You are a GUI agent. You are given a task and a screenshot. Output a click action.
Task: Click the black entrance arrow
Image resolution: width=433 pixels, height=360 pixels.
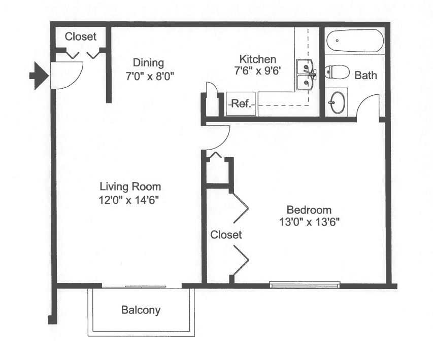click(39, 76)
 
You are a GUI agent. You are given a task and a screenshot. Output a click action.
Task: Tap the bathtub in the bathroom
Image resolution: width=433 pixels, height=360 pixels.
click(355, 41)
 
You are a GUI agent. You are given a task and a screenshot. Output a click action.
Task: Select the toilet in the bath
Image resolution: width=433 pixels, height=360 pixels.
click(337, 72)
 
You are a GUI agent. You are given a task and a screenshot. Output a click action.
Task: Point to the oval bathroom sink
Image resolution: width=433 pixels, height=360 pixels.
click(338, 102)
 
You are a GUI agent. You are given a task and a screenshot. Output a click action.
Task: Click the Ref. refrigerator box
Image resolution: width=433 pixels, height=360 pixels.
click(241, 103)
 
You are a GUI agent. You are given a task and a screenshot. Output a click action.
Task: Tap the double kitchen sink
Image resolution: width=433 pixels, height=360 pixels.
click(306, 75)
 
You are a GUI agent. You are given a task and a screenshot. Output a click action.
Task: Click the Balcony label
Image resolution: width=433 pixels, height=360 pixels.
click(141, 310)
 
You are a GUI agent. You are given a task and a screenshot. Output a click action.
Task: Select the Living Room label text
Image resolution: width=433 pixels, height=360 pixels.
click(130, 187)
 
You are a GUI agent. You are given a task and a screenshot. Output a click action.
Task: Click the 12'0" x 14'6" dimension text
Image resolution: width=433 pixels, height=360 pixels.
click(129, 200)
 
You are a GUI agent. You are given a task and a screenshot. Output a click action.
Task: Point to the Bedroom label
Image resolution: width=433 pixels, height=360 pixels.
click(309, 210)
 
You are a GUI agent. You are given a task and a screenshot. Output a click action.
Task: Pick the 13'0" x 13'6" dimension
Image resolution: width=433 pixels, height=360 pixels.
click(309, 222)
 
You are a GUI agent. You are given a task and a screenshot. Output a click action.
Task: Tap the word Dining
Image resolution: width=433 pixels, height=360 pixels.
click(148, 63)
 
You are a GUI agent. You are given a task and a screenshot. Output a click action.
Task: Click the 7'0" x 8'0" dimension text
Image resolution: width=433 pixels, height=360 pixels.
click(150, 76)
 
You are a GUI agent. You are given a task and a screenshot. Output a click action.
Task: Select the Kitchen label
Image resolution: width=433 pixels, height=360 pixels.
click(258, 59)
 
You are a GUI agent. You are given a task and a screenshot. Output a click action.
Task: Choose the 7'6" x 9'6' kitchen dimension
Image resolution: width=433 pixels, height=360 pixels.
click(258, 71)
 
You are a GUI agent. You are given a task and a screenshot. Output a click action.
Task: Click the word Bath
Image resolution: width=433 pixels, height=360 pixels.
click(365, 76)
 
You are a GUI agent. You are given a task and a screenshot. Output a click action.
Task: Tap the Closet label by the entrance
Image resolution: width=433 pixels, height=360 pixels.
click(81, 37)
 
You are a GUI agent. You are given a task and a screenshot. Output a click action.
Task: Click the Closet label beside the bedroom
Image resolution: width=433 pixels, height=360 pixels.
click(226, 235)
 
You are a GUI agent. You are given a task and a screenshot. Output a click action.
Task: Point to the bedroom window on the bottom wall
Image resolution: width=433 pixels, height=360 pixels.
click(305, 285)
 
